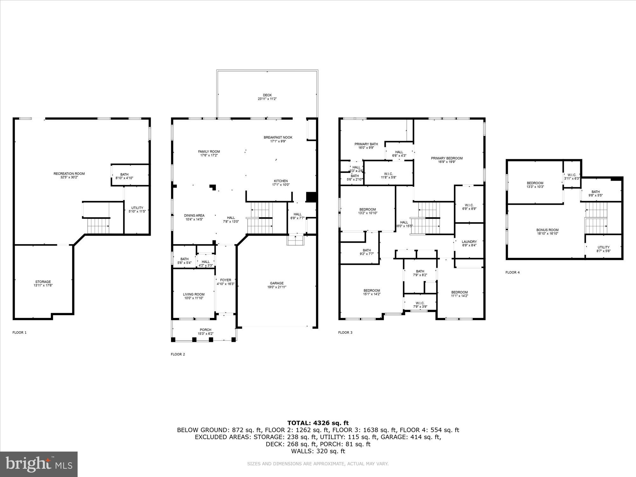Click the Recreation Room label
point(69,174)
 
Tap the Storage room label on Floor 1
point(43,282)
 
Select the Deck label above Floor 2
point(267,95)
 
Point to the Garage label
point(277,283)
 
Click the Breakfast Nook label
point(278,137)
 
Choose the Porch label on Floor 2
point(205,330)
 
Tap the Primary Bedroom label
point(447,158)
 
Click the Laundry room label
point(469,242)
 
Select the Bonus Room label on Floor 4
point(547,230)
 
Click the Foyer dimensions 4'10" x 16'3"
point(225,284)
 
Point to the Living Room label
point(194,294)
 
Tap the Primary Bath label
point(366,144)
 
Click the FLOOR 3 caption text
point(345,333)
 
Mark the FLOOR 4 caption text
point(512,273)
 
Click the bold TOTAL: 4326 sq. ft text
point(318,423)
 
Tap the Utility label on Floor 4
point(603,247)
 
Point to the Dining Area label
point(194,216)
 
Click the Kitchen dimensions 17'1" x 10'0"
point(281,185)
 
